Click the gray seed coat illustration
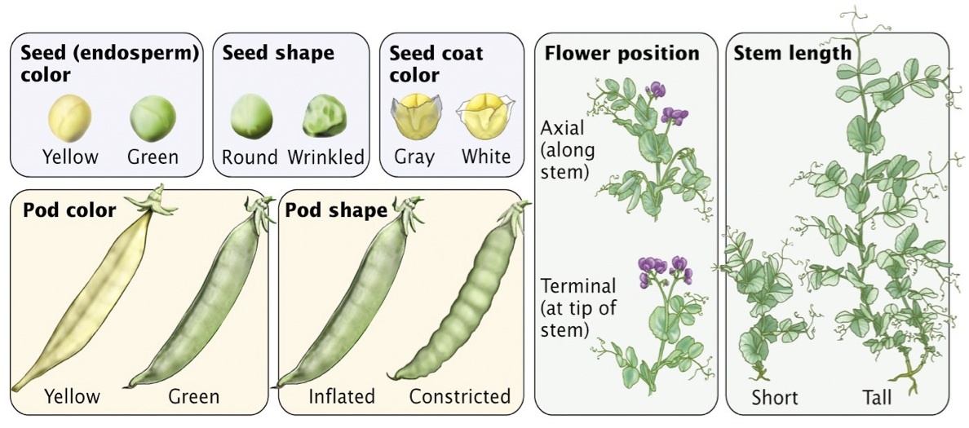coord(414,117)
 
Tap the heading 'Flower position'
coord(622,54)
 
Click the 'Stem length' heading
coord(793,54)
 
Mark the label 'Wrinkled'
coord(325,157)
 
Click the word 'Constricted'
coord(459,397)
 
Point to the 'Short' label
coord(775,398)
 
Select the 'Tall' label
coord(877,398)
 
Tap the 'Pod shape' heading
coord(336,210)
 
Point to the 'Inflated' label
coord(342,397)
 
